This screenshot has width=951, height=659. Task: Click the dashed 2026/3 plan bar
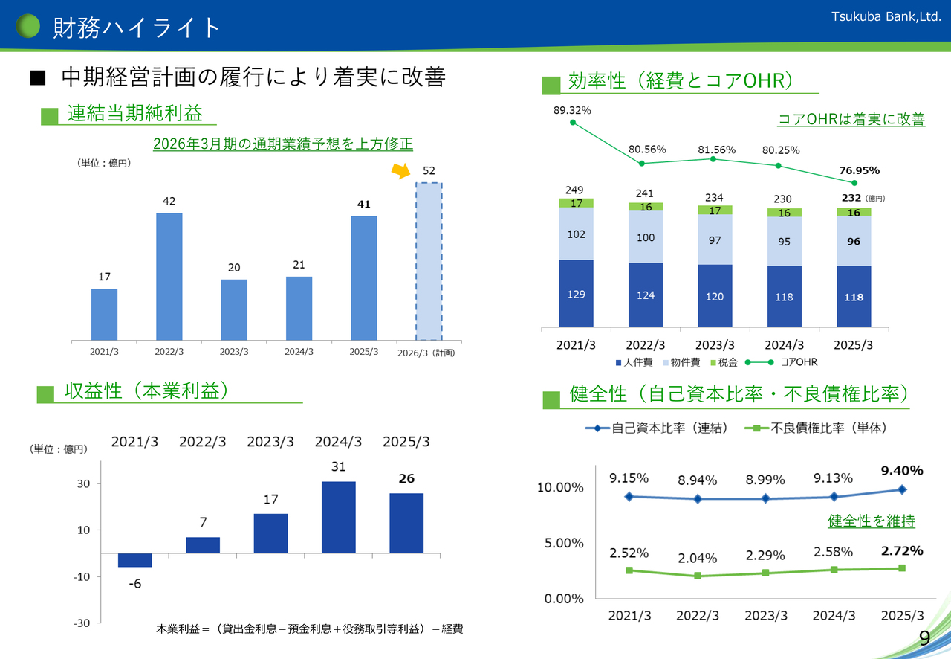click(429, 260)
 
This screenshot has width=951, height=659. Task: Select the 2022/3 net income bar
click(169, 276)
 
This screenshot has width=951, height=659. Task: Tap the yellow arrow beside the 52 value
click(402, 171)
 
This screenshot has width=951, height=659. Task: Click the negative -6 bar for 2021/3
click(134, 560)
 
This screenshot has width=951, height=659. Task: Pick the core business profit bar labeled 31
click(338, 517)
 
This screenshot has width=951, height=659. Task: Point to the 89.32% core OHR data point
click(572, 122)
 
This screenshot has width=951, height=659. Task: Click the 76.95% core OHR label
click(859, 170)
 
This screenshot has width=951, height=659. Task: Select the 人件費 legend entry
click(632, 362)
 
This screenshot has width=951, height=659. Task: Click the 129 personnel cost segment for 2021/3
click(577, 293)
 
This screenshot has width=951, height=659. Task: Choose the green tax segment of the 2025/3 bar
click(854, 212)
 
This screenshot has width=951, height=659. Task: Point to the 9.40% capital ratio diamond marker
click(902, 489)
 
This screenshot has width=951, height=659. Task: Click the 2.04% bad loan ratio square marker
click(698, 576)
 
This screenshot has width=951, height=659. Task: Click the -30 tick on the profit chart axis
click(81, 623)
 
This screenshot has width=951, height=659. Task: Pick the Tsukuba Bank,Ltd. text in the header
click(886, 15)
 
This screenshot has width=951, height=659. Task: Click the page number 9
click(924, 638)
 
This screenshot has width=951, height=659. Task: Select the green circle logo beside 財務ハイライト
click(28, 27)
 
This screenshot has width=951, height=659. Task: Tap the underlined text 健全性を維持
click(872, 521)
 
